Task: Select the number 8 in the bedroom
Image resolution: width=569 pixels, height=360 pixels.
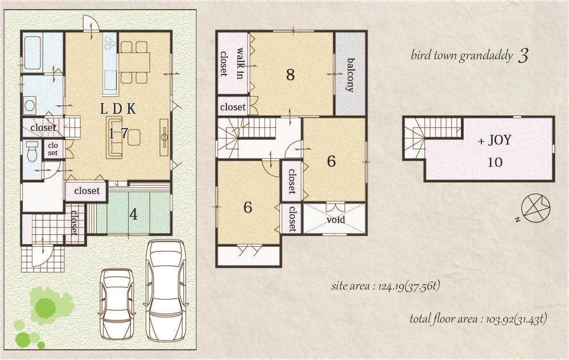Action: tap(290, 75)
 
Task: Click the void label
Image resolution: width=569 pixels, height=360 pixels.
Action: tap(335, 220)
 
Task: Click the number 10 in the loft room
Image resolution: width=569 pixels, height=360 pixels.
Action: tap(494, 162)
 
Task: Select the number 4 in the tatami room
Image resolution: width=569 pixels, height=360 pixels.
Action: tap(133, 214)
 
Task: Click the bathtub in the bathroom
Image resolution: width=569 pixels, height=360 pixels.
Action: tap(33, 53)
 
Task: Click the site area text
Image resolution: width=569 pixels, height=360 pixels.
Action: tap(385, 286)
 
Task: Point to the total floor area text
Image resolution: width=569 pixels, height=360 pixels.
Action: tap(478, 319)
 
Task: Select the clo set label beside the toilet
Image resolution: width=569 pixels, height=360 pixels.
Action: tap(53, 149)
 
